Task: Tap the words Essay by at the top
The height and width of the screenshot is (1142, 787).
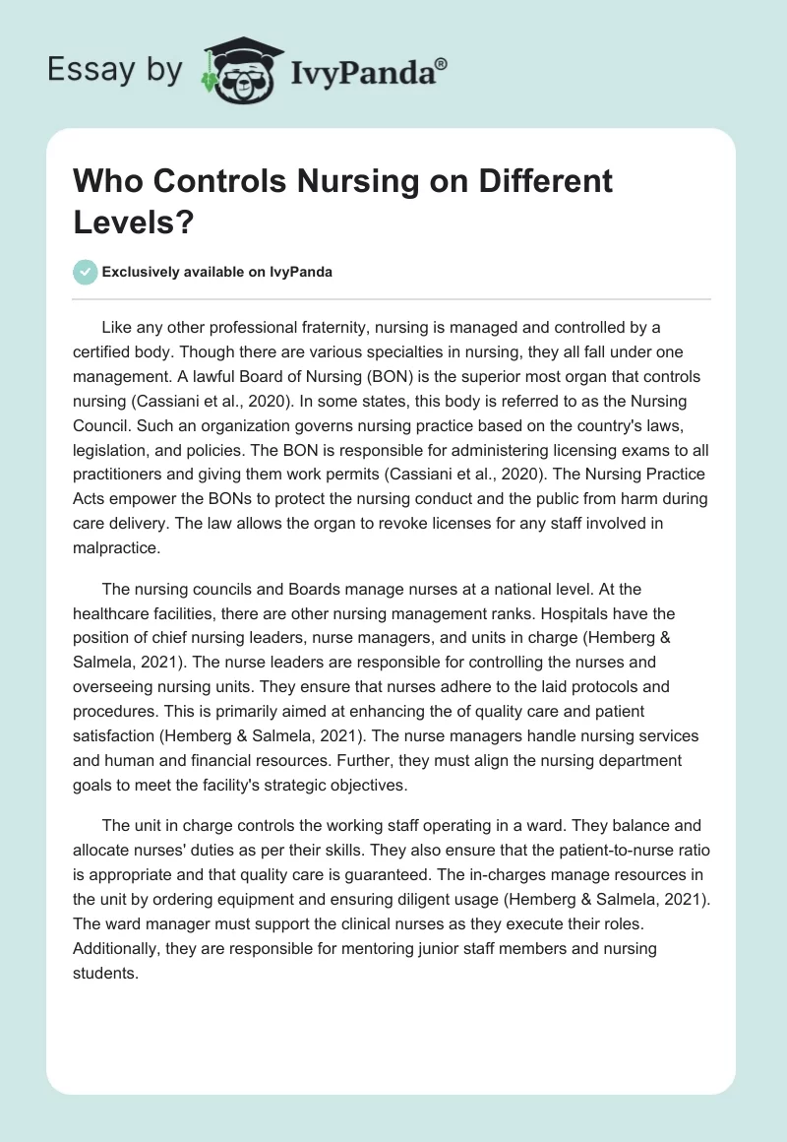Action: tap(114, 70)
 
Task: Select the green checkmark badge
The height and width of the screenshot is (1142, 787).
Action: tap(86, 272)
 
